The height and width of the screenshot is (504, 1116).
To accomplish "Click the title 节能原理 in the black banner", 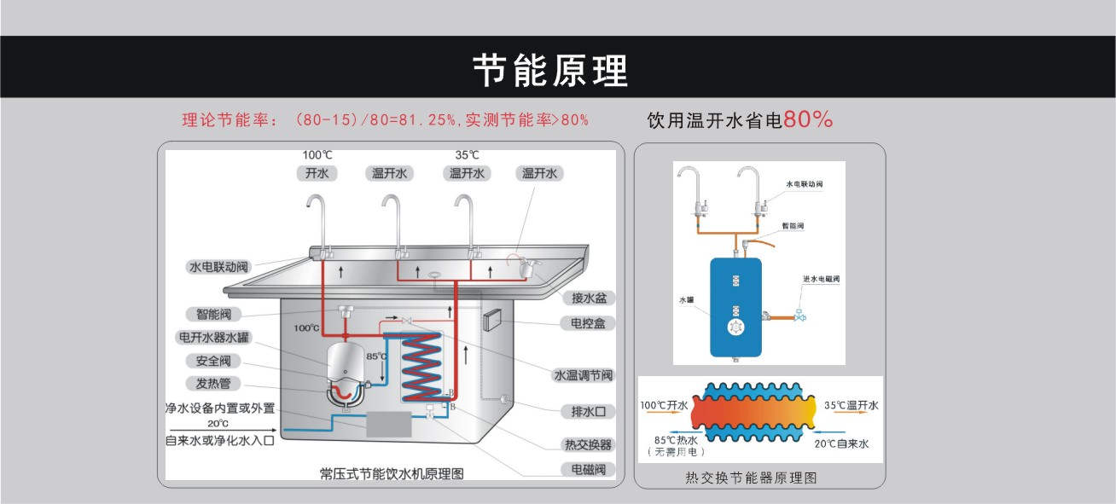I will pos(550,71).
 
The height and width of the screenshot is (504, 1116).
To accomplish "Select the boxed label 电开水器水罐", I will pos(214,337).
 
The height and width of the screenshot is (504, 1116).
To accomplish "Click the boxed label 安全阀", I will pos(213,361).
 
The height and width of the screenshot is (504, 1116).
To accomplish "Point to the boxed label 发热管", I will pos(213,384).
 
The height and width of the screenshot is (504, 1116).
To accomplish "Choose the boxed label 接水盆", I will pos(588,298).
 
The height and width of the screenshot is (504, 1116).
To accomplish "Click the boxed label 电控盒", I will pos(588,323).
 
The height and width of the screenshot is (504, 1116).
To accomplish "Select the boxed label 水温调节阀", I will pos(584,375).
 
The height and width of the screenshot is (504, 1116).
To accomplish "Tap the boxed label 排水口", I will pos(588,411).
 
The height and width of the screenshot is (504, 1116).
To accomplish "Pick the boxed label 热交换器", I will pos(588,444).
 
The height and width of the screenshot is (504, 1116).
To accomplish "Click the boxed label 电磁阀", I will pos(588,469).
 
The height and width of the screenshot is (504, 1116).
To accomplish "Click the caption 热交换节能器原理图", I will pos(751,478).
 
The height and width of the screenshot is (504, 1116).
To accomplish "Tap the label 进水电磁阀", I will pos(822,279).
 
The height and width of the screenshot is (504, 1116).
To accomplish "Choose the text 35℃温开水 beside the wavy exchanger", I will pos(851,405).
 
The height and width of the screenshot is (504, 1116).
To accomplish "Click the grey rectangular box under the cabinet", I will pos(395,424).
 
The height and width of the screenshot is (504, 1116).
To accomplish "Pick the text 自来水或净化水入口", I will pos(220,441).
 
